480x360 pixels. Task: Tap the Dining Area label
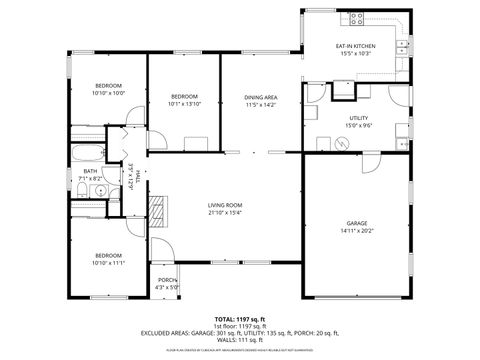click(260, 97)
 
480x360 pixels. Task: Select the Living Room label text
click(225, 205)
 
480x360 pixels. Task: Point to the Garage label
click(357, 224)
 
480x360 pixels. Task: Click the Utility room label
click(357, 118)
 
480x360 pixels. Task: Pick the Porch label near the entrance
click(167, 280)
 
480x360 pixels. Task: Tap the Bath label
click(90, 171)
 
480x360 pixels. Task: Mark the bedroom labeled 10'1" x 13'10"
click(185, 100)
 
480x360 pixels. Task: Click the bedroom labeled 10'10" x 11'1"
click(108, 259)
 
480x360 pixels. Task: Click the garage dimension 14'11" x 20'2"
click(357, 231)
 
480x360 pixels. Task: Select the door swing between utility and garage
click(370, 160)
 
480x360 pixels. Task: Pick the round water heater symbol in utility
click(345, 142)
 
